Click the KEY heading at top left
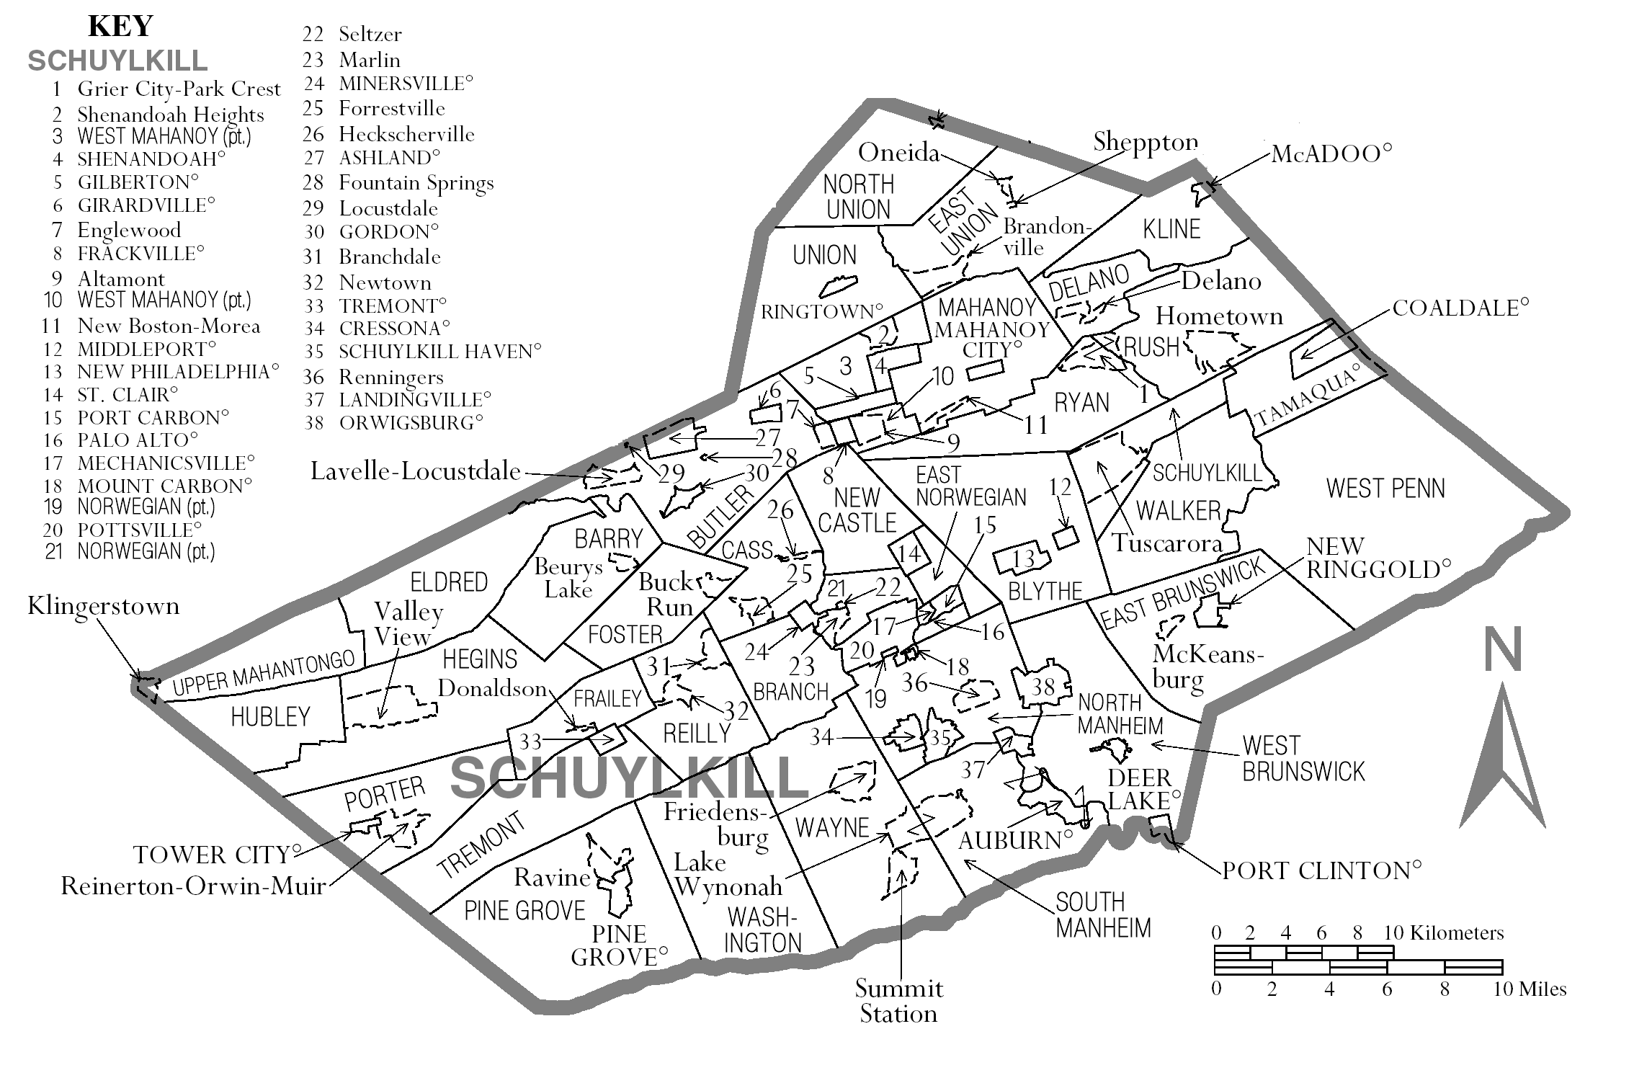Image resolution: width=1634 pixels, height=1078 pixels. (x=120, y=27)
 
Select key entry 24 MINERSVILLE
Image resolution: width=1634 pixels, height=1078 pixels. (x=388, y=84)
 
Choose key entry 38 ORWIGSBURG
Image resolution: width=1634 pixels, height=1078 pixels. (x=393, y=423)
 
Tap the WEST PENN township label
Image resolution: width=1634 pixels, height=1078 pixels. (x=1385, y=489)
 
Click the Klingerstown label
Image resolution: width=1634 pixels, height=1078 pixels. (x=103, y=606)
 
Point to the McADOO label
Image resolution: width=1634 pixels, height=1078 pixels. (x=1331, y=154)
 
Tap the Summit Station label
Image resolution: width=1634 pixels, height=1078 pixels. (x=898, y=1001)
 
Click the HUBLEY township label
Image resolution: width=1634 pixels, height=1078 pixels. (x=270, y=716)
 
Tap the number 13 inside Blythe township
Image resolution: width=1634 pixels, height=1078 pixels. (x=1024, y=558)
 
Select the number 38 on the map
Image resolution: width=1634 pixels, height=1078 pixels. (x=1043, y=686)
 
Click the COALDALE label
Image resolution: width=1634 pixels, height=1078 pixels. (x=1460, y=308)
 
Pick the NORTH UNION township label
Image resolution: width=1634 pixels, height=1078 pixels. (x=858, y=197)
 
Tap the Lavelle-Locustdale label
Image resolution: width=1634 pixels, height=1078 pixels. (x=416, y=471)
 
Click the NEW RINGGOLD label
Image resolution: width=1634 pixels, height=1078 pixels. (x=1378, y=558)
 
